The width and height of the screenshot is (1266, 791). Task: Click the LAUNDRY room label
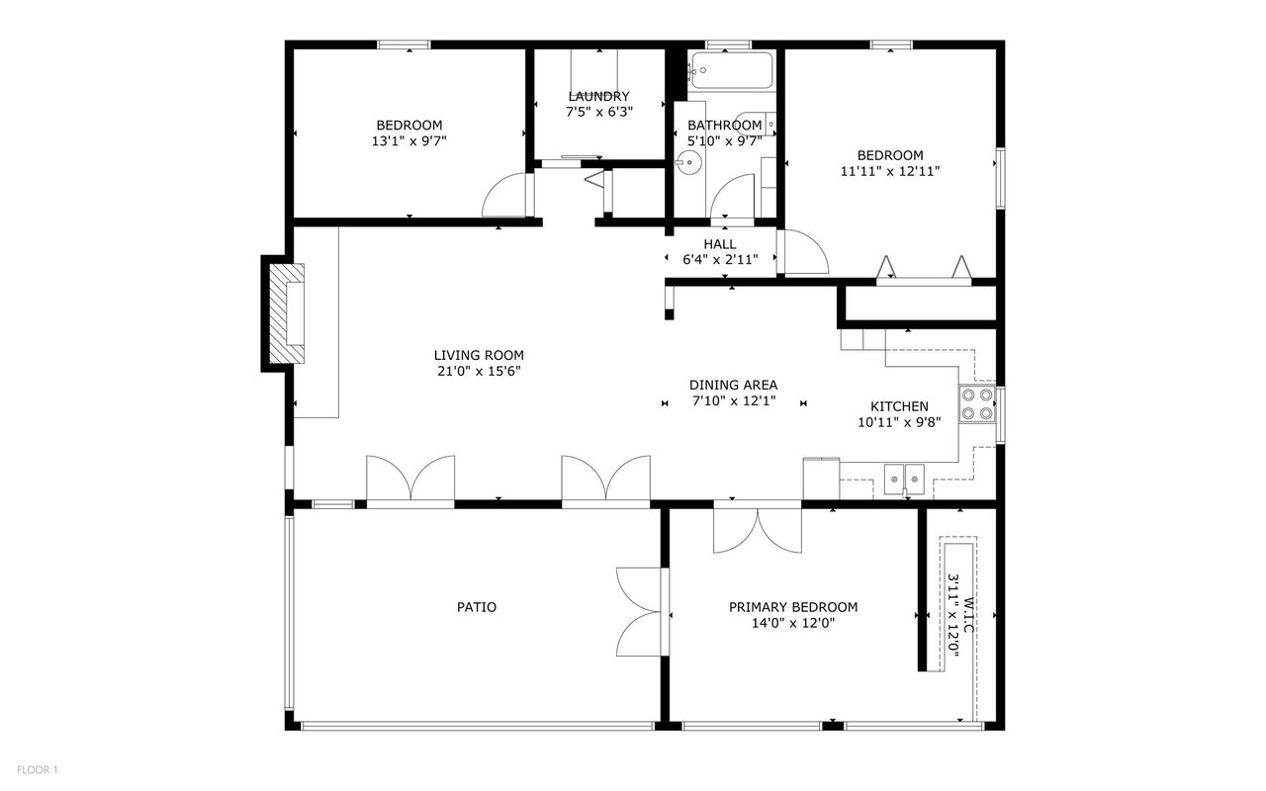coord(598,96)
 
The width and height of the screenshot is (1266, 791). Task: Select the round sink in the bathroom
coord(688,163)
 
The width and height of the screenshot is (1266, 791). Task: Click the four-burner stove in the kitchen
coord(977,404)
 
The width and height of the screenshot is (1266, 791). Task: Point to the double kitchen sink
coord(904,480)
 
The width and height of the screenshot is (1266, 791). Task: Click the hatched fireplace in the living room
coord(287,313)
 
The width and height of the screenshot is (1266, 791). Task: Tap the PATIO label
coord(477,607)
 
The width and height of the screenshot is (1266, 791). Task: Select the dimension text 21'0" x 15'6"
coord(479,371)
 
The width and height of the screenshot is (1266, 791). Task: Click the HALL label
coord(720,244)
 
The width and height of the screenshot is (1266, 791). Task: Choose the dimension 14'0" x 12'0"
coord(793,623)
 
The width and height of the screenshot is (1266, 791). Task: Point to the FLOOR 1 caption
coord(38,769)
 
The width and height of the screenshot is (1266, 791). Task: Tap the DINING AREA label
coord(734,386)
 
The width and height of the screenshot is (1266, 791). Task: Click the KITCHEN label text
coord(899,406)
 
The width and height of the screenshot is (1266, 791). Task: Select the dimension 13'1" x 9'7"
coord(409,141)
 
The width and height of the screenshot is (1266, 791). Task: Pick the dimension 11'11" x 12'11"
coord(890,171)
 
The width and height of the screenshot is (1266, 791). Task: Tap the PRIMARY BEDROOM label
coord(793,607)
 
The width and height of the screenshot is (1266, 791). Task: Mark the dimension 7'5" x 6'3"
coord(599,112)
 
